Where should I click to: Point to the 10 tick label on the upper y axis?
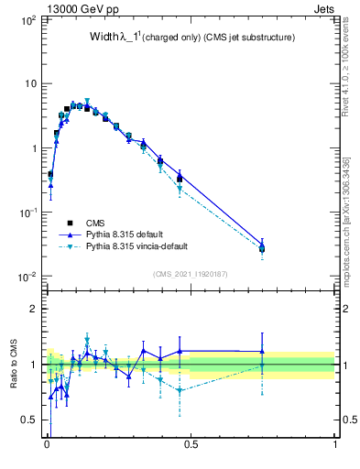pos(29,83)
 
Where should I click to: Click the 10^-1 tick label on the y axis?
pos(27,213)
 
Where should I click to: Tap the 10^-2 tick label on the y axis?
pos(27,277)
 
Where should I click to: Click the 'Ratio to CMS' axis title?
pos(14,364)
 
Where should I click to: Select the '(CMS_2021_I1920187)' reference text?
pos(191,273)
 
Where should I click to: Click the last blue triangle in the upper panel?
pos(263,245)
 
